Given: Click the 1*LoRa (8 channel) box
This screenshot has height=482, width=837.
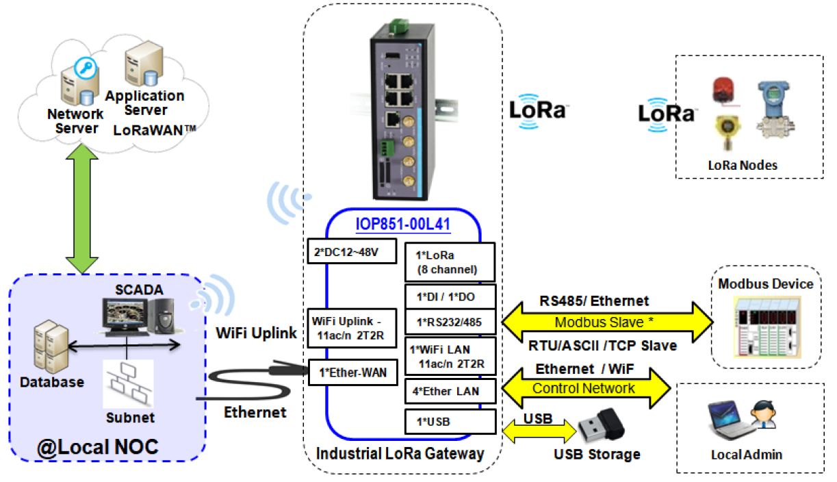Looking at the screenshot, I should [x=449, y=261].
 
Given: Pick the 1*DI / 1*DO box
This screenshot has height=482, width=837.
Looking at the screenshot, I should [x=449, y=298].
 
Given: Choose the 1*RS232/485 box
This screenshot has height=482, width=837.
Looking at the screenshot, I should [x=449, y=321].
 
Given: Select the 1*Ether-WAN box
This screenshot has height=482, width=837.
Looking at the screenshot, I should [x=352, y=372].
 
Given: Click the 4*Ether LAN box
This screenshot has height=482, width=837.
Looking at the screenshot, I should [x=449, y=391].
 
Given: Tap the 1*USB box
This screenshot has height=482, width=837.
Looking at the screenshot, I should [x=449, y=422].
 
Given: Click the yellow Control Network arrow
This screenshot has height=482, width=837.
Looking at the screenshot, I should [x=585, y=389].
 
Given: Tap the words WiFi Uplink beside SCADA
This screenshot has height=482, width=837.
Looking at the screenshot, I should [x=257, y=333].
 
